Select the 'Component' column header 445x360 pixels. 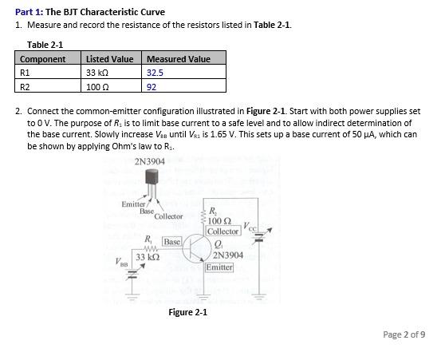43,58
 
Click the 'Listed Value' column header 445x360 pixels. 110,58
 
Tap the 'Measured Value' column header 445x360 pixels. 178,58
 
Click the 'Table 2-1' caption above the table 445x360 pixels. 45,45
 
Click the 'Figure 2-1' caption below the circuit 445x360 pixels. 188,311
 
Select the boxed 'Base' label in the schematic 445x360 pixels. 172,240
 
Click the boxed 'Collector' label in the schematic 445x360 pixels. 223,231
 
